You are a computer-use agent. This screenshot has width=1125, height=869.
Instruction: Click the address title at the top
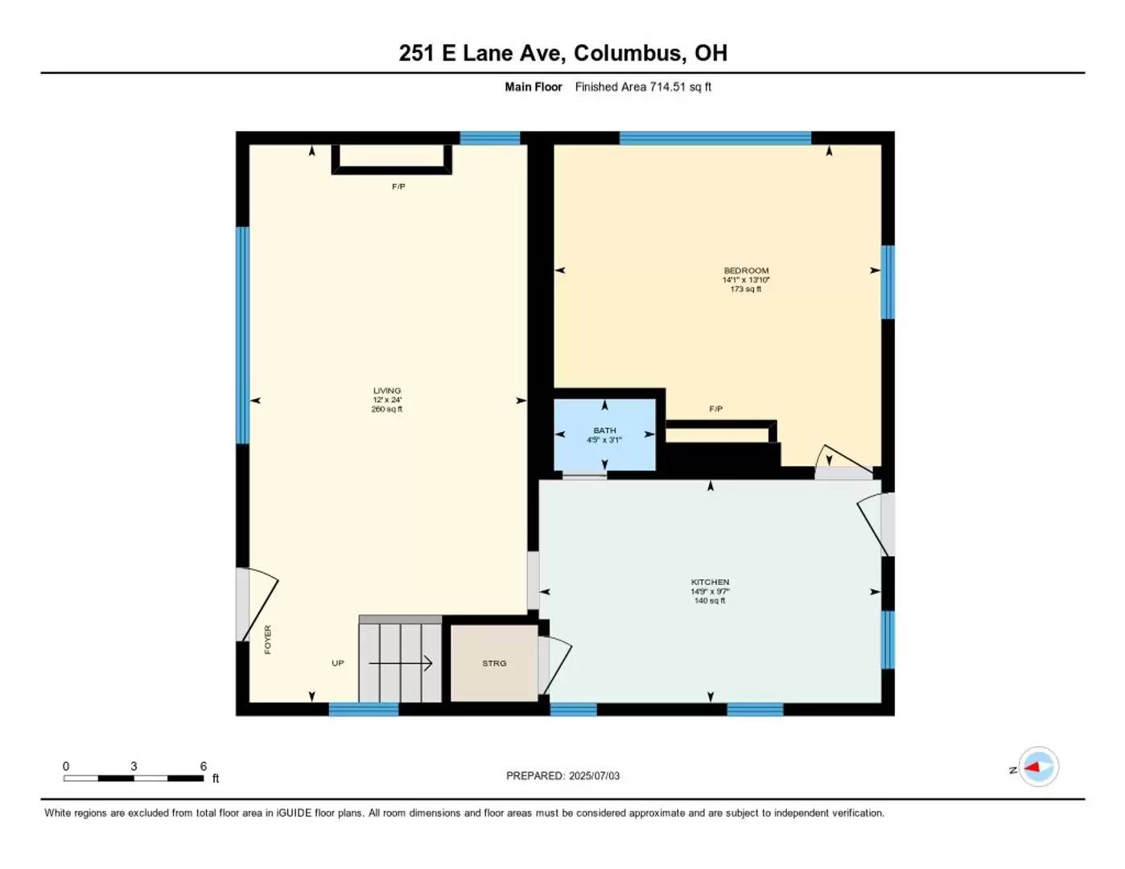[x=562, y=53]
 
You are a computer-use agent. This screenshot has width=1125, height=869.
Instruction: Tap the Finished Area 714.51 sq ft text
[x=643, y=87]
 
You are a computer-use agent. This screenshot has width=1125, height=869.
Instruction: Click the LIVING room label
[x=387, y=391]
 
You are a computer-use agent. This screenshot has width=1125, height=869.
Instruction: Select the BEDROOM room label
[x=746, y=270]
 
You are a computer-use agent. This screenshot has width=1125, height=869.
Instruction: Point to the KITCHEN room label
[x=710, y=582]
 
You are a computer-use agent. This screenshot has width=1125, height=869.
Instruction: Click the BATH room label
[x=604, y=430]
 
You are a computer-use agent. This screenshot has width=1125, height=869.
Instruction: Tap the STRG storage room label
[x=494, y=663]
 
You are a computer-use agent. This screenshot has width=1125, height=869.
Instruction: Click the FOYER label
[x=268, y=640]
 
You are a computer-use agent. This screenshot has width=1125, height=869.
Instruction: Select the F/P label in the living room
[x=398, y=187]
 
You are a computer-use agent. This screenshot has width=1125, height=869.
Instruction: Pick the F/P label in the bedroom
[x=715, y=409]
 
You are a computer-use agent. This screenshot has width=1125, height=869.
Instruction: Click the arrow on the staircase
[x=400, y=663]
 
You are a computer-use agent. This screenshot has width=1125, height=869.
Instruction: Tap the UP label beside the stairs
[x=337, y=663]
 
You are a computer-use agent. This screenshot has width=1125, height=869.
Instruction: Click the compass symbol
[x=1038, y=767]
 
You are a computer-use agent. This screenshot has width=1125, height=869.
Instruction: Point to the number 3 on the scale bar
[x=134, y=766]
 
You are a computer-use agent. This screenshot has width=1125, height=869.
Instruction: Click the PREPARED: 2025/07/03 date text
[x=562, y=776]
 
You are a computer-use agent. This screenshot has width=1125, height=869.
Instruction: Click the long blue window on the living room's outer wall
[x=242, y=336]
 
